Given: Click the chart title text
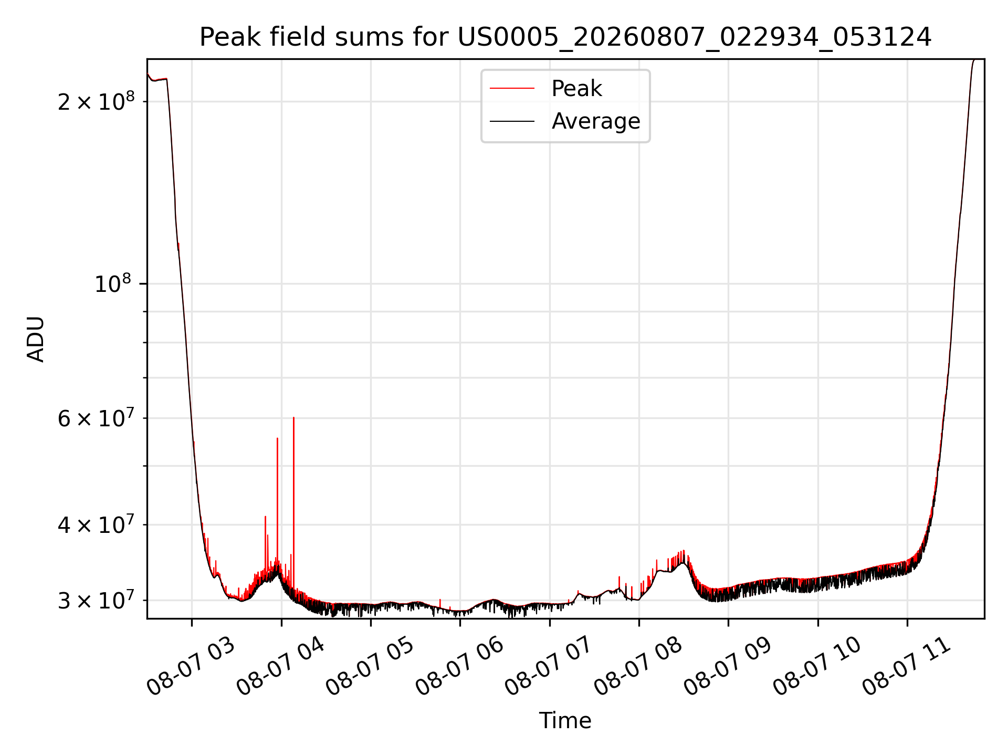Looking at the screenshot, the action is point(565,37).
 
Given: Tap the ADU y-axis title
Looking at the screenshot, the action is point(36,339).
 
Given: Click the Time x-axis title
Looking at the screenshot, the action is point(565,721).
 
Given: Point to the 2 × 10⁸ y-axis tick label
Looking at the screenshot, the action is point(96,101).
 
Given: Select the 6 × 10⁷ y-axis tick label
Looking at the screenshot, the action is point(96,418).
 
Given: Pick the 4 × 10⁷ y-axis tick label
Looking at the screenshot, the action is point(96,524).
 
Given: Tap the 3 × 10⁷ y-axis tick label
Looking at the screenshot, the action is point(96,600).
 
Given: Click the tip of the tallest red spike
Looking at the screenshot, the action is point(293,417).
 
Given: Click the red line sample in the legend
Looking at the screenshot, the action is point(512,89).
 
